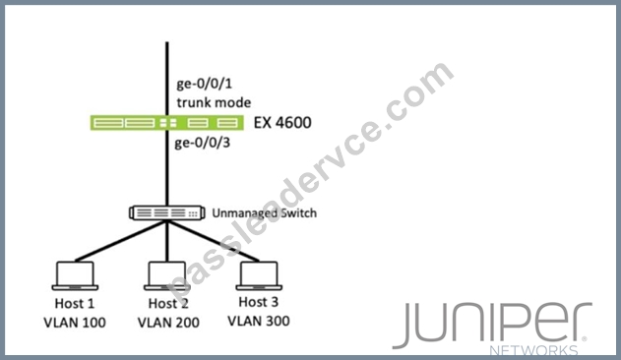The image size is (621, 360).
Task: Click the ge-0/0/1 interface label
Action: coord(205,84)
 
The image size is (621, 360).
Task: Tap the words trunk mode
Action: coord(214,102)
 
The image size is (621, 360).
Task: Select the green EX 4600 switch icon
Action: coord(166,123)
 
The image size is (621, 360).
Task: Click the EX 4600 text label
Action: coord(282,123)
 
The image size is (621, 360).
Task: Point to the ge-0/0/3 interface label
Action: coord(203,143)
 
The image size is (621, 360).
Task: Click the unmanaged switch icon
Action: coord(167,213)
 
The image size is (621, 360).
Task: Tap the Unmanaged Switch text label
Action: coord(264,213)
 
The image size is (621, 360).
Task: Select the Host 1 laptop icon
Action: coord(75,276)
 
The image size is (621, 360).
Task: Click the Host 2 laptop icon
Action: coord(167,276)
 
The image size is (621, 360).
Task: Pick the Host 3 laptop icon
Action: coord(259,276)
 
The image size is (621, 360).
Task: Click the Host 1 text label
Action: coord(75,303)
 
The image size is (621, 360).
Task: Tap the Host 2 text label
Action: coord(168,303)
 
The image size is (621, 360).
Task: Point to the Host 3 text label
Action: coord(259,302)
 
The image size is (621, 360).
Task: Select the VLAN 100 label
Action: coord(75,323)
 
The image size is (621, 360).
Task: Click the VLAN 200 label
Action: coord(168,323)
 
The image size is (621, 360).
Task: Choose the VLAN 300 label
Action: coord(259,321)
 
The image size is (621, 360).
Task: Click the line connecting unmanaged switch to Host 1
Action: coord(121,241)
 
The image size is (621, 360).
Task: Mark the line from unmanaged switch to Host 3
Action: coord(214,241)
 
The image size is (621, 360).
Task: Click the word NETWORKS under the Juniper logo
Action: coord(533,350)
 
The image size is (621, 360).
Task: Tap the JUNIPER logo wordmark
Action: coord(492,324)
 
